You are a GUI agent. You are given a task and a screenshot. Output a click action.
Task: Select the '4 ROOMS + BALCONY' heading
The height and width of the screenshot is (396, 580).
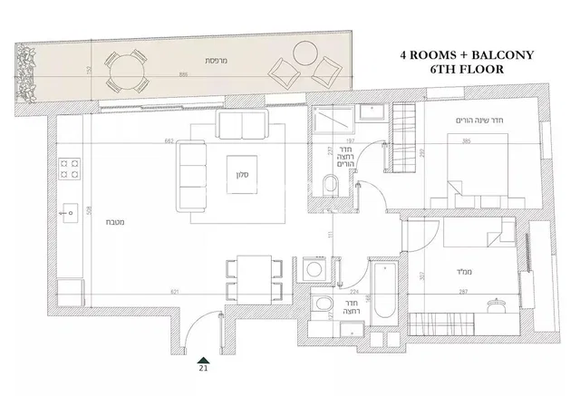coord(467,54)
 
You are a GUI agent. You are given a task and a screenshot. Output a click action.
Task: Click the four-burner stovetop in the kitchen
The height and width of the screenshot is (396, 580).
coord(69,168)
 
